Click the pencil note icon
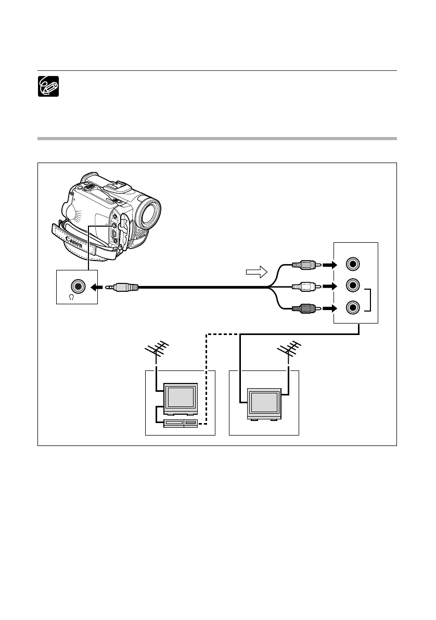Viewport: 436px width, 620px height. (48, 86)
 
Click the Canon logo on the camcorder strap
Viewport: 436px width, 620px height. (74, 242)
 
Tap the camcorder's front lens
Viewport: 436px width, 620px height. (149, 213)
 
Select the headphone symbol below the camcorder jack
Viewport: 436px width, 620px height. (71, 297)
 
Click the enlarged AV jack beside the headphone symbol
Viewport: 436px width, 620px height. (78, 286)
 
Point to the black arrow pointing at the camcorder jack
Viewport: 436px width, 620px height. (97, 287)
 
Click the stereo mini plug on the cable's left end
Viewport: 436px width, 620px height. (122, 287)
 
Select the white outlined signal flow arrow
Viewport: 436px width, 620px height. (257, 272)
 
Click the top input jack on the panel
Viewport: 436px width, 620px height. (353, 264)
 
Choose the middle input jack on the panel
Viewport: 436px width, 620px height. (353, 285)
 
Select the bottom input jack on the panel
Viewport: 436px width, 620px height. (353, 307)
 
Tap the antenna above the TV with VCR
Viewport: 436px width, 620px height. (157, 350)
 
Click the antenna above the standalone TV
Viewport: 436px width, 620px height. (289, 350)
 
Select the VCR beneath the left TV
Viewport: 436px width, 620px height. (181, 423)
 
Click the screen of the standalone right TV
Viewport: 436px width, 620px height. (264, 402)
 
